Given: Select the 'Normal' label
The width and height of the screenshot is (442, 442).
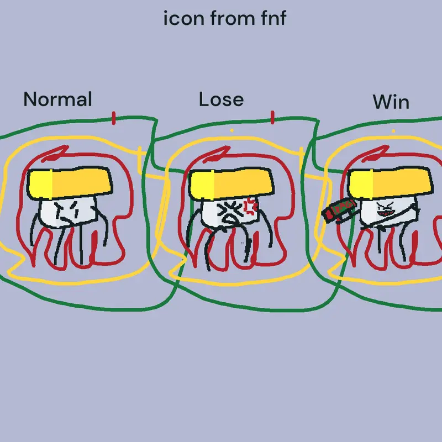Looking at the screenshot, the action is point(58,99).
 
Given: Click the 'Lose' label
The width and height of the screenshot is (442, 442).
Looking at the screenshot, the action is point(222,99).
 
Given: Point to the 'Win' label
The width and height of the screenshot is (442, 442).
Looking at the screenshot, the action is point(391,102).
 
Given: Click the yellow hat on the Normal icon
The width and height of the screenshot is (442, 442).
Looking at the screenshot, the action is point(70,183).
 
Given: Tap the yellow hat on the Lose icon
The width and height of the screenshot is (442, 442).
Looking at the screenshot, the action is point(231,183).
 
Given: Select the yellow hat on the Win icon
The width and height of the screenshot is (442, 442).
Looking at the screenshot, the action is point(390,183).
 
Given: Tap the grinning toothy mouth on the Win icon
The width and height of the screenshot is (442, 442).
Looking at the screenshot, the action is point(385,214).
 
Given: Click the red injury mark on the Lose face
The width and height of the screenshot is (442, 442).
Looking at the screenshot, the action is point(250,206).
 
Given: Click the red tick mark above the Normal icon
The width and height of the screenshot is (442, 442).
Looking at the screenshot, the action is point(114,118).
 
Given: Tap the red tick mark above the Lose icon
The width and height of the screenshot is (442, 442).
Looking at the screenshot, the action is point(272,117).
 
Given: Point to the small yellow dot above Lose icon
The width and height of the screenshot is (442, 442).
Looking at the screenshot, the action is point(232,130).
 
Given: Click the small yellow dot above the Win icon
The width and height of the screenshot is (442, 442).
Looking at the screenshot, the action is point(393,131).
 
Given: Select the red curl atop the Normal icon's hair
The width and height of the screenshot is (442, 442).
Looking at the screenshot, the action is point(55,154).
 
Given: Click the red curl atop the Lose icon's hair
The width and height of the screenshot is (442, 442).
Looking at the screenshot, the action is point(217,154).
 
